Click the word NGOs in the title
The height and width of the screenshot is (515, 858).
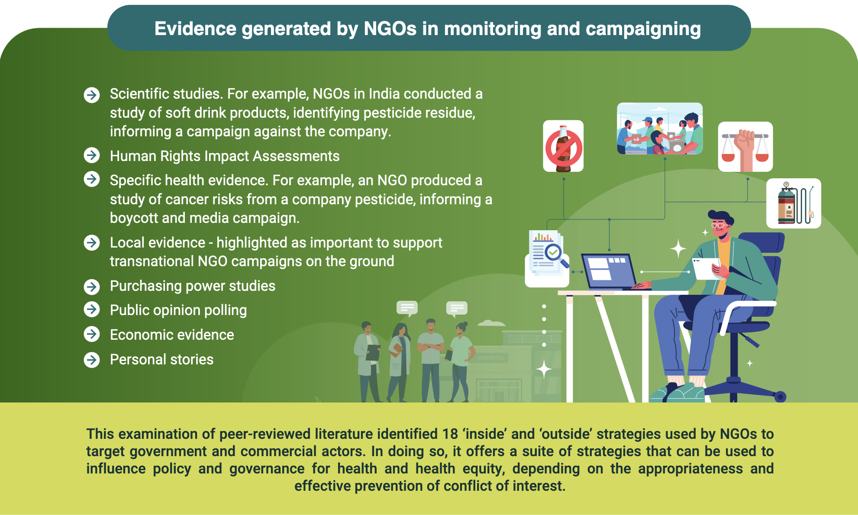point(390,29)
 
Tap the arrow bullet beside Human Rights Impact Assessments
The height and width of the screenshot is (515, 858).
point(92,155)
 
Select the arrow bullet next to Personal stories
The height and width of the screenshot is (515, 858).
point(92,360)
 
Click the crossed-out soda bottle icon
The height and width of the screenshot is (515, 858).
point(563,146)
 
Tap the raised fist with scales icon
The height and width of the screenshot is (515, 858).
point(745,147)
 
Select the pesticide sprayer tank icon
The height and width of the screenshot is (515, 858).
point(793,203)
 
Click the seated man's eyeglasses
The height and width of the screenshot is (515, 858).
point(719,225)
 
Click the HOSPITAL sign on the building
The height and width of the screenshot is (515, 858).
point(491,358)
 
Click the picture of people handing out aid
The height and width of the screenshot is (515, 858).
point(660,129)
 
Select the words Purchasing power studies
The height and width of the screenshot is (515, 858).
point(193,286)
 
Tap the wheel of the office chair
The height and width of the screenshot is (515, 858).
point(780,396)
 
